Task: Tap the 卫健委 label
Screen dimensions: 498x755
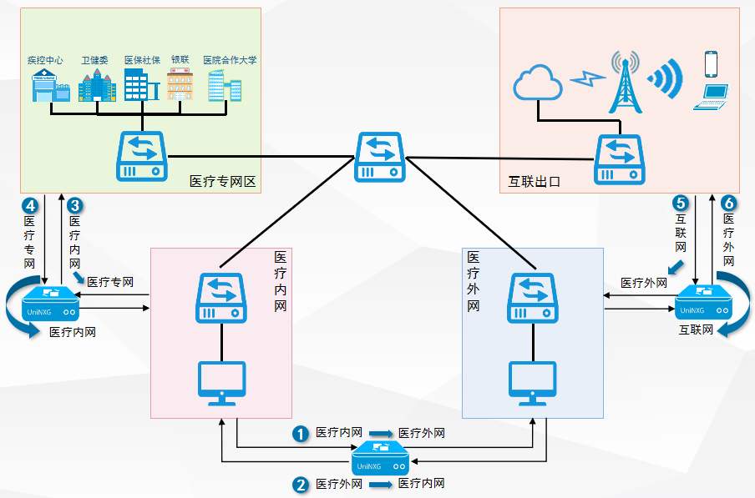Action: point(94,60)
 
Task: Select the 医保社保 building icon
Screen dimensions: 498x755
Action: point(138,85)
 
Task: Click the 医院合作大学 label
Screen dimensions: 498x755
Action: point(230,60)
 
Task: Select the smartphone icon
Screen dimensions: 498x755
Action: point(711,64)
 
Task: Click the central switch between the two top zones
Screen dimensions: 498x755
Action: point(380,156)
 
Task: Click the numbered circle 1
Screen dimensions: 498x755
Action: point(300,434)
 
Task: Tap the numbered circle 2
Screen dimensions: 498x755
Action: point(300,484)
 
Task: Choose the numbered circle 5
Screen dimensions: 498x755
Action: point(681,203)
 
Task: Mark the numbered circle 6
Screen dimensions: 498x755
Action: point(727,203)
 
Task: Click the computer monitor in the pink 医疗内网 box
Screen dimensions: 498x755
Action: point(221,382)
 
